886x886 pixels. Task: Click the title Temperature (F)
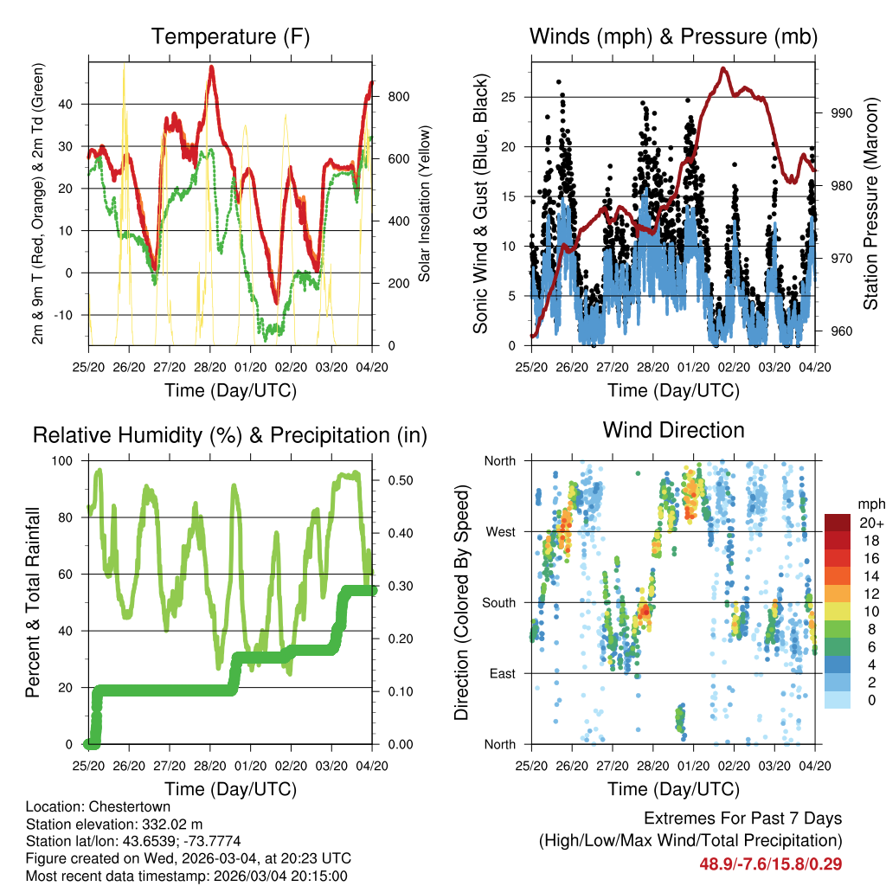click(x=230, y=36)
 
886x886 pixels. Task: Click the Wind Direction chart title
click(x=673, y=430)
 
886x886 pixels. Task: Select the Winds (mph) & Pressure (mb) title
click(x=673, y=36)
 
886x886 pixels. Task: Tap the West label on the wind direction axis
click(x=499, y=531)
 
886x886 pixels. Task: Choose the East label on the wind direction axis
click(x=500, y=673)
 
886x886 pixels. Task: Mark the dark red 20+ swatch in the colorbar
click(x=838, y=523)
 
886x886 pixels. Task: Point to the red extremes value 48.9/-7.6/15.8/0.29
click(x=770, y=864)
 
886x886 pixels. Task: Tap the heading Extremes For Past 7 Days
click(x=742, y=819)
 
